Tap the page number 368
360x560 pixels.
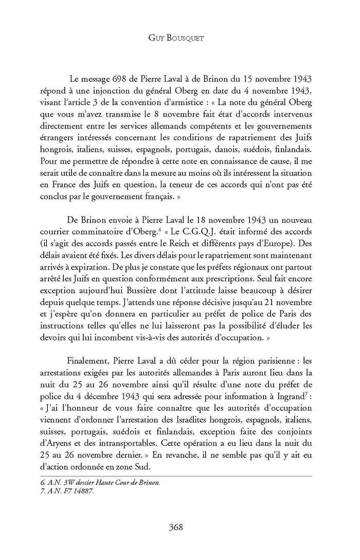click(x=179, y=527)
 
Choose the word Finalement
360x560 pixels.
click(x=88, y=350)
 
